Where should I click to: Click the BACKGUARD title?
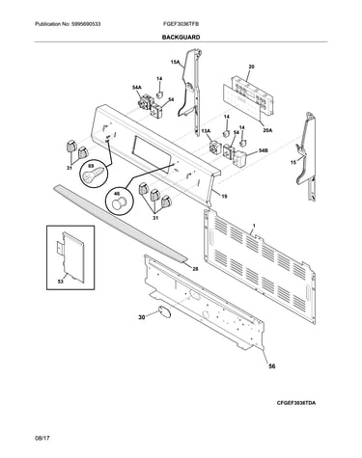181,38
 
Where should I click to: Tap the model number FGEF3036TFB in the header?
182,24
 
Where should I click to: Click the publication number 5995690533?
86,24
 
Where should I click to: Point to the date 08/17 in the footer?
42,438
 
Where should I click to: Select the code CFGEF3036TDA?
296,402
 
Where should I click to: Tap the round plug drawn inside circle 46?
118,203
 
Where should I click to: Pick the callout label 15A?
175,63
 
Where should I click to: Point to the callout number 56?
272,366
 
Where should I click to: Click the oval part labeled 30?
163,311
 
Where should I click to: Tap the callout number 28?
195,269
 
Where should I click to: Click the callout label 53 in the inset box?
61,282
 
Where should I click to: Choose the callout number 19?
224,196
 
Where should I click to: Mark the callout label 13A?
206,130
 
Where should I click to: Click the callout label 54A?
137,87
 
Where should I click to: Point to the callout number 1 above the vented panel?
254,227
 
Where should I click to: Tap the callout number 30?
142,317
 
